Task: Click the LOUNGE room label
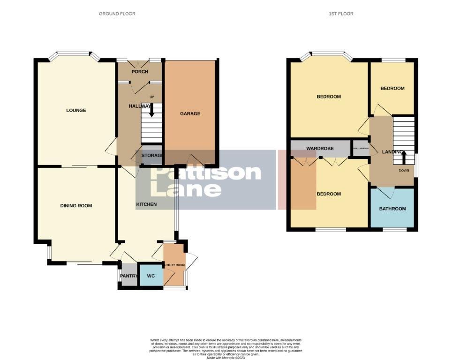tap(76, 111)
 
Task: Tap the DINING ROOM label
tap(76, 206)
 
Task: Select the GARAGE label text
tap(190, 113)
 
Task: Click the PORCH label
tap(140, 72)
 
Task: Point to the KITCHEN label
tap(146, 204)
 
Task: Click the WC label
tap(151, 276)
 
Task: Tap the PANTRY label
tap(128, 276)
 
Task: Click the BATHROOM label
tap(392, 209)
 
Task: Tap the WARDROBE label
tap(320, 149)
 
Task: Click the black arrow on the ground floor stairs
tap(151, 111)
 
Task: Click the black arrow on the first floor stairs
tap(404, 157)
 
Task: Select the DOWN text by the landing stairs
tap(404, 171)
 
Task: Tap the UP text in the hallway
tap(151, 97)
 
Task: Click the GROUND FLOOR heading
tap(117, 14)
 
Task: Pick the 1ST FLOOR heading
tap(341, 14)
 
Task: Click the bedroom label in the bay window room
tap(329, 97)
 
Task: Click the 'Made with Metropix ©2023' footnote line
tap(226, 358)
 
